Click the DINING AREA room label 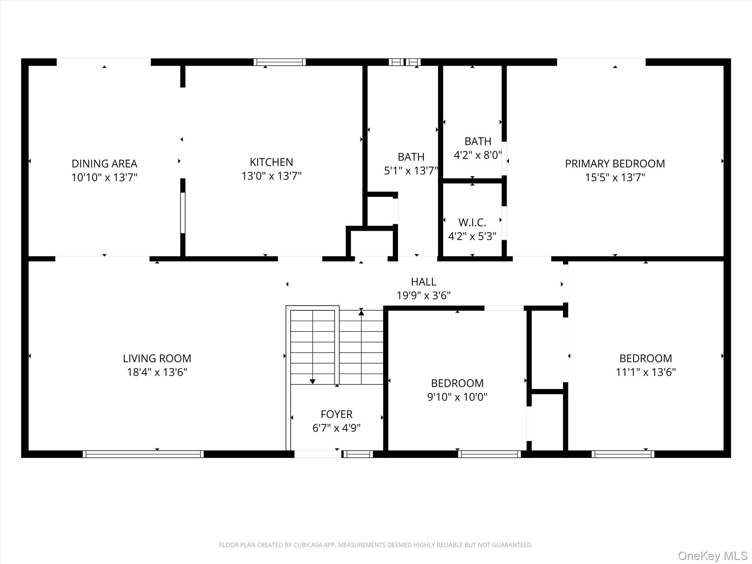click(x=104, y=163)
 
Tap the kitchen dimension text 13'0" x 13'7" click(x=271, y=176)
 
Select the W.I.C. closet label click(x=472, y=222)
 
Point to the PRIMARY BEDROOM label click(x=615, y=163)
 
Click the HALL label click(x=423, y=282)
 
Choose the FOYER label click(x=336, y=414)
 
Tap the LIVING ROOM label click(x=157, y=358)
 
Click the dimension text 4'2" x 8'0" click(x=478, y=155)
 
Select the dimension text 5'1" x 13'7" click(x=411, y=171)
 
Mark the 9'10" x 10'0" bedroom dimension click(x=457, y=397)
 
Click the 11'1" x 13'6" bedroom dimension click(x=646, y=372)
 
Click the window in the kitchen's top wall click(x=279, y=62)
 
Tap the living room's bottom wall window click(x=143, y=454)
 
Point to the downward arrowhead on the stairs click(x=312, y=382)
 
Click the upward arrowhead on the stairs click(x=361, y=312)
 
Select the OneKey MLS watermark click(x=712, y=556)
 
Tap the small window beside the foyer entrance click(x=358, y=454)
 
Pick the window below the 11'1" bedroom click(x=623, y=454)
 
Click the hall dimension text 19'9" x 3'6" click(x=423, y=296)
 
